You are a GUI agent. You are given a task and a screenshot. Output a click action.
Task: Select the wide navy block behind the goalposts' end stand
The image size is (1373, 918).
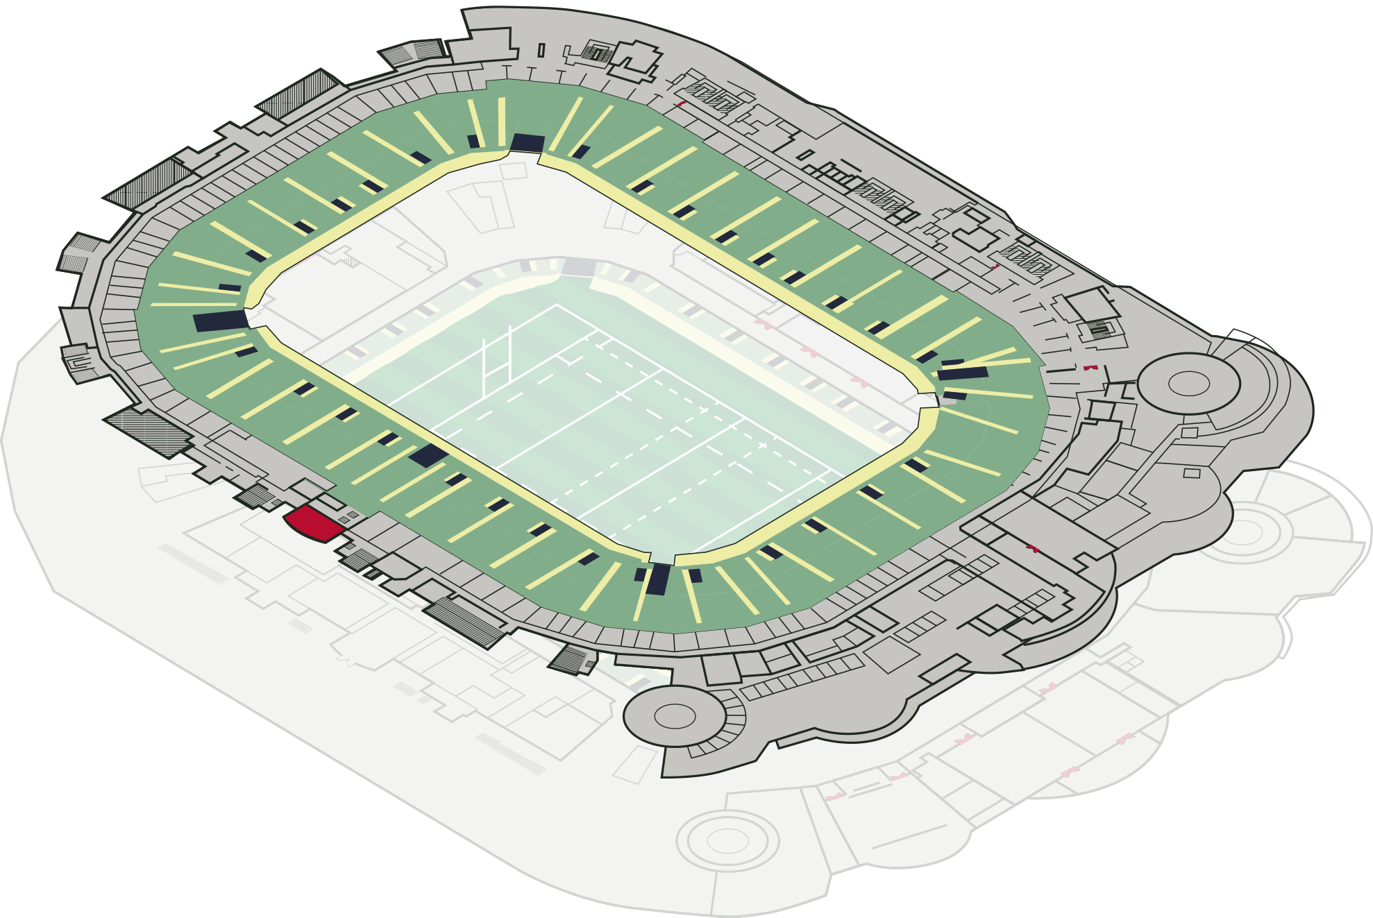[x=220, y=321]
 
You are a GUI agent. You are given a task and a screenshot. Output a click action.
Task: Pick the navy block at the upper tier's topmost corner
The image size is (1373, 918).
[x=527, y=143]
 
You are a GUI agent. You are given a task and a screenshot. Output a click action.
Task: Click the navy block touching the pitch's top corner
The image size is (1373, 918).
[x=578, y=267]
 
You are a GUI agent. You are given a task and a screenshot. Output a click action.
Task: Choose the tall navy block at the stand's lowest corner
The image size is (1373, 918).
[x=658, y=579]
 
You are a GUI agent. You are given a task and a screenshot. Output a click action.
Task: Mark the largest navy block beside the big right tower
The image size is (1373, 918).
[x=962, y=373]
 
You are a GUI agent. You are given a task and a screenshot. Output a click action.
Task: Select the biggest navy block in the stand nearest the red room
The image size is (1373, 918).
[x=428, y=455]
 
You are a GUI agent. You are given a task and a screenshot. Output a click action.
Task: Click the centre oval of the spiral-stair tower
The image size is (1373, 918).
[x=674, y=716]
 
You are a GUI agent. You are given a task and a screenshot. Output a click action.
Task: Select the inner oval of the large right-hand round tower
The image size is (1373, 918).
[x=1188, y=383]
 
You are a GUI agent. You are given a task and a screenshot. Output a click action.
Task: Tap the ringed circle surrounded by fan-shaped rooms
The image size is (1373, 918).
[x=1243, y=532]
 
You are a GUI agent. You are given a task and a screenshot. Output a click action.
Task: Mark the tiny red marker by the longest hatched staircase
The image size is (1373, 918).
[x=414, y=607]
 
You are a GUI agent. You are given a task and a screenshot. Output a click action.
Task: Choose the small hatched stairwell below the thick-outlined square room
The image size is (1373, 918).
[x=1100, y=328]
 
